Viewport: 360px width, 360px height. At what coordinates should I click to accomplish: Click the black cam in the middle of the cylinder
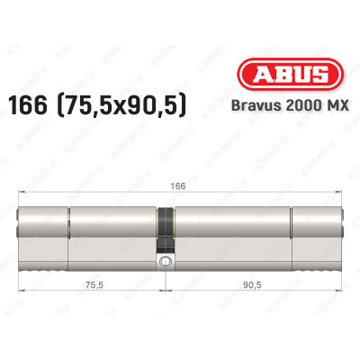tap(166, 229)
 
